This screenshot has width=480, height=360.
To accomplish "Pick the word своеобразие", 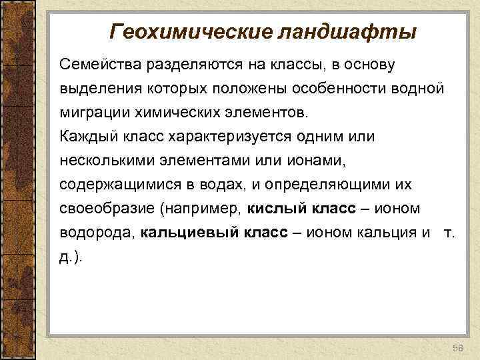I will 103,209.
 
